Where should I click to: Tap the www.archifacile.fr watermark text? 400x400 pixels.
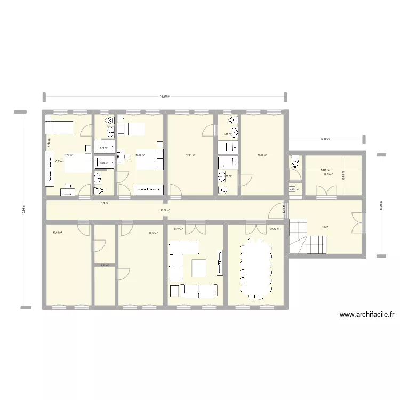366,315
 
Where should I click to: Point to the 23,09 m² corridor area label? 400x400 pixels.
165,210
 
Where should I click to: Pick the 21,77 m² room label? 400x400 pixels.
178,229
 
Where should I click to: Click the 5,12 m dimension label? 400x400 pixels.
325,139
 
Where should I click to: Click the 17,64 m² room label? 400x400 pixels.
57,233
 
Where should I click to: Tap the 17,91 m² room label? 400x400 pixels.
190,156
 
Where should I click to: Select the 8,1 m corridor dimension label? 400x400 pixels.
106,203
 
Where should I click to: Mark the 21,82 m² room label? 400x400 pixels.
275,229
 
